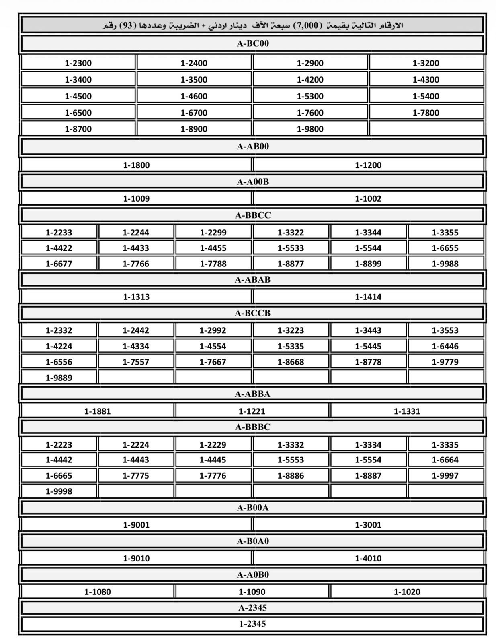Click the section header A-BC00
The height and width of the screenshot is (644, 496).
(x=252, y=43)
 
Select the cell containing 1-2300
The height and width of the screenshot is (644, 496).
(x=78, y=63)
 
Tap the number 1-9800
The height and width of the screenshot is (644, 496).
(x=310, y=129)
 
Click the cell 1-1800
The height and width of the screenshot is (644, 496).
(x=136, y=165)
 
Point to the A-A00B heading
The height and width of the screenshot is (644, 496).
(x=252, y=182)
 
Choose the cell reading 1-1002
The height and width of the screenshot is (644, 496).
(x=368, y=198)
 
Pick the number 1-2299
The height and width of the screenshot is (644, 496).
(x=213, y=232)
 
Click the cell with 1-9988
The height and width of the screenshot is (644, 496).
(x=445, y=264)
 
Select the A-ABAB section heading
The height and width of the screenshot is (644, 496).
(x=252, y=279)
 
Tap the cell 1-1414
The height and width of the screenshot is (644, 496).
(x=368, y=297)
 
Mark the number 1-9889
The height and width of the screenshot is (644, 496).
(x=59, y=378)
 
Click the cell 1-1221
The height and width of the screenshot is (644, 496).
(x=252, y=411)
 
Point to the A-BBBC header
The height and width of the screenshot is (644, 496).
(x=252, y=427)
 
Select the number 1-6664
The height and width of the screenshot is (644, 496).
(x=445, y=460)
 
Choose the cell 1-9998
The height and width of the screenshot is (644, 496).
(x=59, y=491)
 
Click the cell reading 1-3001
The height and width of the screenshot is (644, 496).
(x=368, y=525)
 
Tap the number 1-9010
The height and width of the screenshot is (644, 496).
(x=136, y=558)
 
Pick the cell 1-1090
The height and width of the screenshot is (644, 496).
(x=252, y=592)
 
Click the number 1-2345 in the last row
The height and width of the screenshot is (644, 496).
(x=252, y=624)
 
